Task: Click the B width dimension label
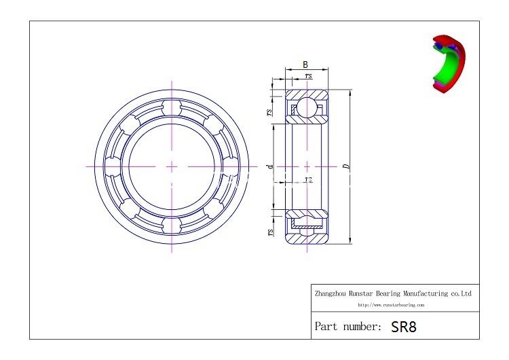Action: coord(305,64)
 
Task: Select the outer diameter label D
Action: coord(346,165)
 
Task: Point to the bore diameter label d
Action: coord(269,165)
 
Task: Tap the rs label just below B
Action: coord(309,76)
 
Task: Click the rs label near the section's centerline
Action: coord(308,180)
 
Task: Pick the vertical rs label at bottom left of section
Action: coord(270,232)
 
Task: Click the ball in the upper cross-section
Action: coord(307,107)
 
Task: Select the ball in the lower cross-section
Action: coord(307,224)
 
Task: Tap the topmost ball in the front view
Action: coord(172,109)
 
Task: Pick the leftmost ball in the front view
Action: coord(115,166)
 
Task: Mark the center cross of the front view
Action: coord(172,166)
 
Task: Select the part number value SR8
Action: coord(404,327)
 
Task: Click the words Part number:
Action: coord(348,327)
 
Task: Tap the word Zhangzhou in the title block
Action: coord(331,294)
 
